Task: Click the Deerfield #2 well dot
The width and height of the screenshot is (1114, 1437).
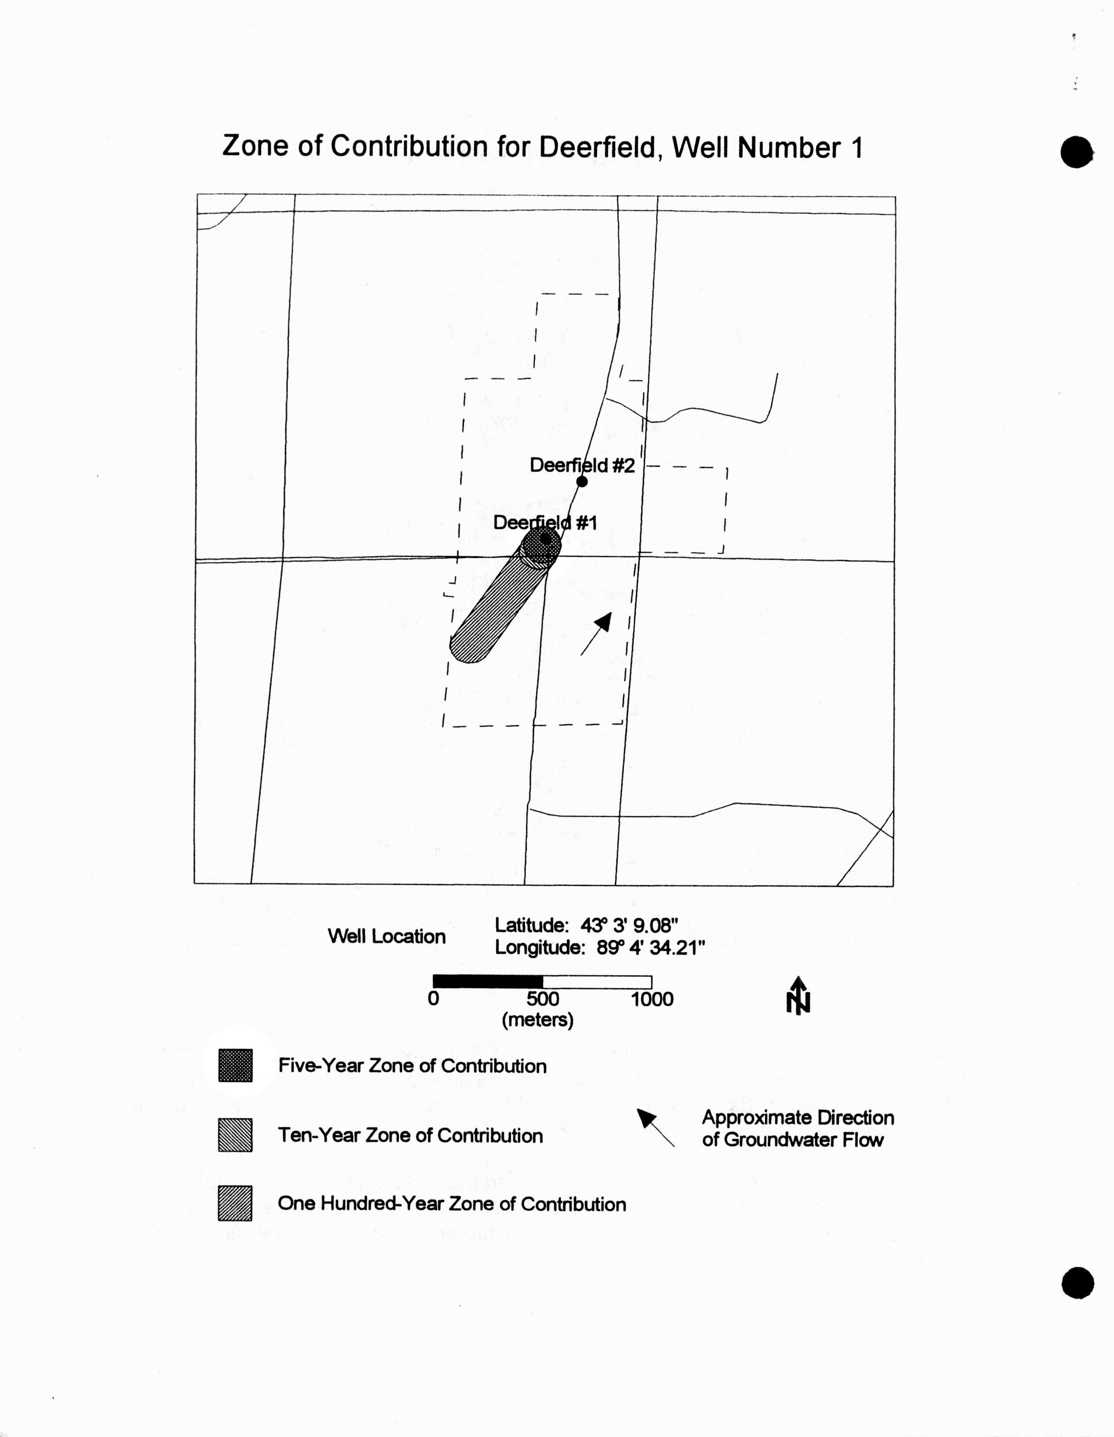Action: click(x=582, y=481)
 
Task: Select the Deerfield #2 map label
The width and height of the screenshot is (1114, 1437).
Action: click(x=582, y=465)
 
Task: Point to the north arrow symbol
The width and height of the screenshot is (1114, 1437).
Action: click(x=798, y=995)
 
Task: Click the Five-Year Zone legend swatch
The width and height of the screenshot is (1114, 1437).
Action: click(x=236, y=1065)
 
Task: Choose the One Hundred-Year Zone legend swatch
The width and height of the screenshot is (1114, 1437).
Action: click(x=235, y=1203)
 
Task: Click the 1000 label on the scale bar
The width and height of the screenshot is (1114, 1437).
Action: click(x=652, y=999)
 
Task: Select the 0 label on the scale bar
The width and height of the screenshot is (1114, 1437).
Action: click(x=433, y=999)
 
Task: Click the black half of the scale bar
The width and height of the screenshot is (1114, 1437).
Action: click(x=488, y=982)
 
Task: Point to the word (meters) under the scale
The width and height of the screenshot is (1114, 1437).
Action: click(x=538, y=1020)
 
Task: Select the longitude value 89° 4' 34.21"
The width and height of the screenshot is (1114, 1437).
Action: click(x=651, y=948)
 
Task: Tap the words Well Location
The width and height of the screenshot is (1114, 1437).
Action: click(x=386, y=936)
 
